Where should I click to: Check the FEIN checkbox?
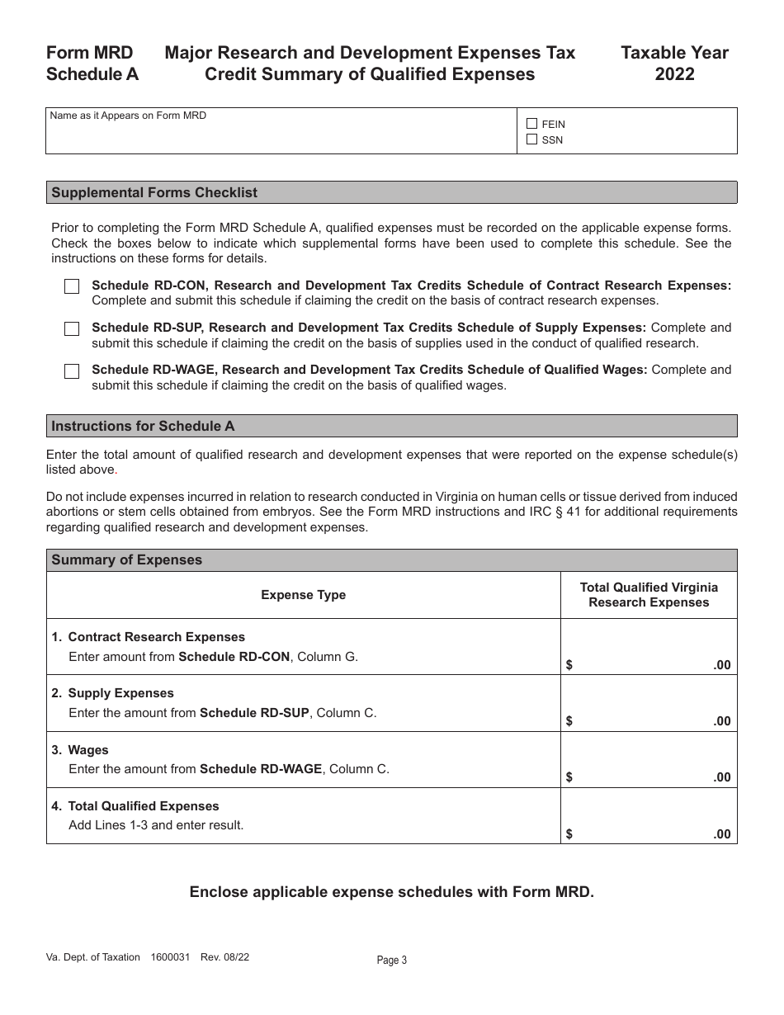tap(531, 124)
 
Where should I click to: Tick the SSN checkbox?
tap(531, 139)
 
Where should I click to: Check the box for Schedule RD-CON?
tap(72, 286)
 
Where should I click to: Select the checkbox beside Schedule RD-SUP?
tap(72, 328)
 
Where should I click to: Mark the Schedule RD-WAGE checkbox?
tap(72, 371)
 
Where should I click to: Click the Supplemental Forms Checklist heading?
tap(154, 192)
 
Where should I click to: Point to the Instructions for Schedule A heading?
tap(143, 426)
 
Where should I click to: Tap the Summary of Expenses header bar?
tap(126, 559)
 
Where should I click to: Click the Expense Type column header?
tap(303, 595)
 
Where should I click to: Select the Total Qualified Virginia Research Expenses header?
tap(649, 595)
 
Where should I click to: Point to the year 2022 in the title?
tap(674, 74)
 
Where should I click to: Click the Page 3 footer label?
tap(392, 960)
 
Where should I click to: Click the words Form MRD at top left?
tap(89, 53)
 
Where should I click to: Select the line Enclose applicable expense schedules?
tap(391, 892)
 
